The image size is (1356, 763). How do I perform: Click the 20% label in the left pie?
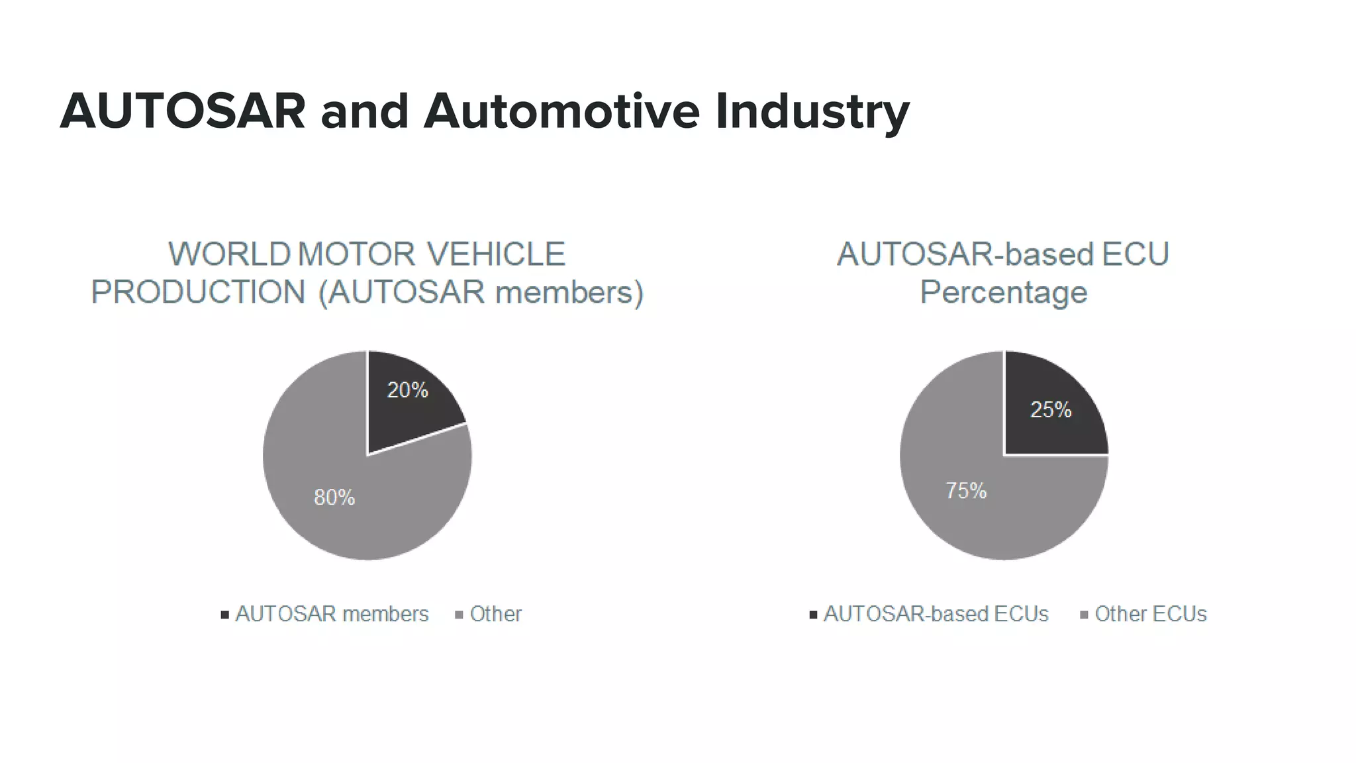coord(407,390)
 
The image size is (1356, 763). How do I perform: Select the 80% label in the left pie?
coord(334,497)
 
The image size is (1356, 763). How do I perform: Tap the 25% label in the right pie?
coord(1051,409)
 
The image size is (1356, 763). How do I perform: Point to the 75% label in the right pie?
coord(966,491)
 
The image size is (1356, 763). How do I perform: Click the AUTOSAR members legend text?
coord(332,614)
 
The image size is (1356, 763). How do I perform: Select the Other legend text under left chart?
coord(495,614)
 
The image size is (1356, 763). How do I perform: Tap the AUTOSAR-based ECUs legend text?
coord(936,614)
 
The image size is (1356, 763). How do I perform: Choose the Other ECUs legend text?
coord(1150,614)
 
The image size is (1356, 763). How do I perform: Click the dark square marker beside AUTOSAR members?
coord(225,615)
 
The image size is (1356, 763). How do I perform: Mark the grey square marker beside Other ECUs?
coord(1084,615)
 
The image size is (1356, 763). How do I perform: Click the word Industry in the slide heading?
coord(812,111)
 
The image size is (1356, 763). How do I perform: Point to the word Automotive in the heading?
coord(561,111)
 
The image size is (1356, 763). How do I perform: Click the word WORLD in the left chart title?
coord(229,254)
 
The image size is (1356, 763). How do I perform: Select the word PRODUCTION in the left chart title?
coord(198,292)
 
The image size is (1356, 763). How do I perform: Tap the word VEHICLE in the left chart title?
coord(495,254)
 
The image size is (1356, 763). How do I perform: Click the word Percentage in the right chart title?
coord(1003,292)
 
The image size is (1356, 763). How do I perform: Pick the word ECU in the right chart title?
coord(1136,254)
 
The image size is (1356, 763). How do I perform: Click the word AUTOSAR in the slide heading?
coord(183,111)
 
